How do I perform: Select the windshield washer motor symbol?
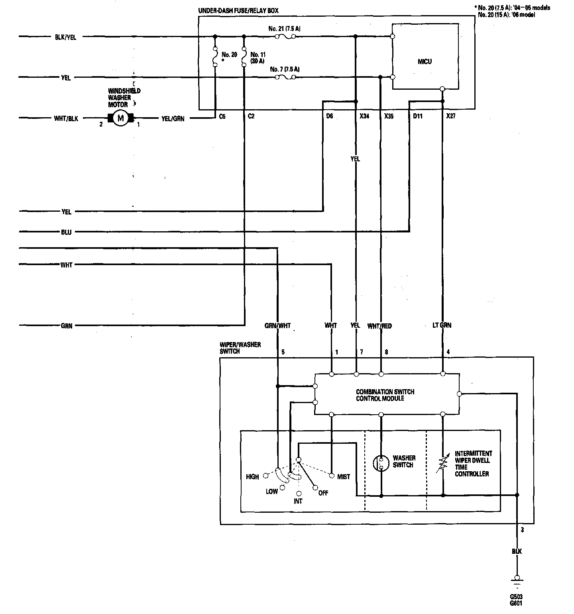pos(120,118)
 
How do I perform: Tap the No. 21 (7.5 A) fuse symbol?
pos(285,37)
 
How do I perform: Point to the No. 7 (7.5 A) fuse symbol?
pos(285,77)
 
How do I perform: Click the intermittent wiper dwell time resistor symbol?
pos(443,463)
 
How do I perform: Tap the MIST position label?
pos(343,476)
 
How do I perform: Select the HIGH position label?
pos(252,476)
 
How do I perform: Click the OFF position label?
pos(323,493)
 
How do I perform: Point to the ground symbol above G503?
pos(517,581)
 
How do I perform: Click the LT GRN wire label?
pos(442,325)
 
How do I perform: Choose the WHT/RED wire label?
pos(379,326)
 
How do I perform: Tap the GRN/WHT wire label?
pos(277,326)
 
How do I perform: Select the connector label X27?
pos(450,116)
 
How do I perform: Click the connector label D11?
pos(417,116)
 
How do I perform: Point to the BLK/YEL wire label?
pos(66,37)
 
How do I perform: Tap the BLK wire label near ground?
pos(517,551)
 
